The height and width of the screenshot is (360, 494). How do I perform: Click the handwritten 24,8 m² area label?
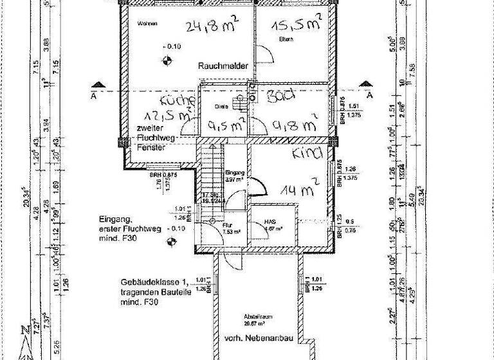click(x=212, y=26)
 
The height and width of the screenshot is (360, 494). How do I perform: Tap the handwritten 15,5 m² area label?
click(x=296, y=25)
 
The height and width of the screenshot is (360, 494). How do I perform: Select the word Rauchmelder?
click(x=223, y=66)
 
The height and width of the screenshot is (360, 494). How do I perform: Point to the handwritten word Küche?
click(x=177, y=102)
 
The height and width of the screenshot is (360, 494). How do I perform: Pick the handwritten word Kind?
click(x=306, y=154)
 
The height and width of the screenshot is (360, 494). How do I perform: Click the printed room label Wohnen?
click(x=147, y=24)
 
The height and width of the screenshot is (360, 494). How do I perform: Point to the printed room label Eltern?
click(x=286, y=40)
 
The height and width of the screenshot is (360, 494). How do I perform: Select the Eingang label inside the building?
click(x=235, y=172)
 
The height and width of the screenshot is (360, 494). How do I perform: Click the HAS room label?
click(x=270, y=222)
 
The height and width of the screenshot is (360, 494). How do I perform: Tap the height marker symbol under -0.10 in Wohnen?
click(x=168, y=61)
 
